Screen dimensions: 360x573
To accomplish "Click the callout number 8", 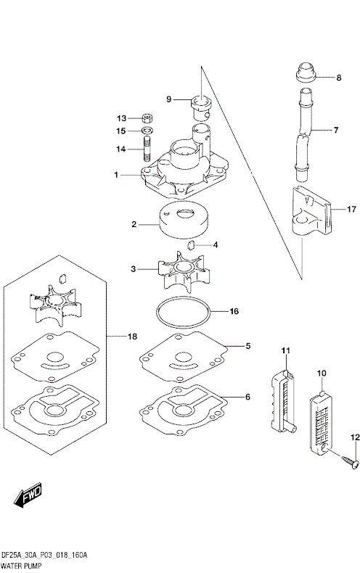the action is point(338,78).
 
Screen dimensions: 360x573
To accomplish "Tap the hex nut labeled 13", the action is point(147,118).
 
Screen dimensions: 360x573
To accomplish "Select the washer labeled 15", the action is point(147,131).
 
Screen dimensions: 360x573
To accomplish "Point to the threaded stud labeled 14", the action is point(147,149).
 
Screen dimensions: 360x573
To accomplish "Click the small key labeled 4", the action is point(192,245).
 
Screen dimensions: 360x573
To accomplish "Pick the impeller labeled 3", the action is point(184,271).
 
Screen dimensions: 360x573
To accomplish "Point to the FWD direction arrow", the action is point(28,496).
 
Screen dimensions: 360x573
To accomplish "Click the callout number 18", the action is point(132,337).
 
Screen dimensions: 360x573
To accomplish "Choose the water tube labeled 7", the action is point(303,134).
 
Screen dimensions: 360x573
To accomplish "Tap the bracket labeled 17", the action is point(312,211).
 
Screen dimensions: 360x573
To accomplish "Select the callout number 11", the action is point(286,351).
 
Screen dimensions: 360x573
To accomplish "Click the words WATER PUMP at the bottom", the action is point(21,566).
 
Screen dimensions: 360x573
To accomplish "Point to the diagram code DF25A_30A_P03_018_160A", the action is point(44,556).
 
